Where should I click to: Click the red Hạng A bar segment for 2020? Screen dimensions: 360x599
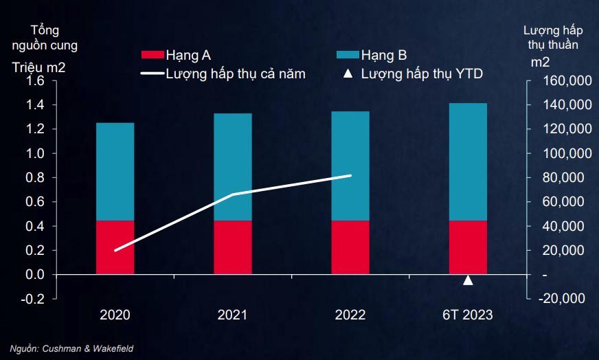pyautogui.click(x=115, y=247)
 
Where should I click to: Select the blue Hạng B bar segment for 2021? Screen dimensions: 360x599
pyautogui.click(x=233, y=167)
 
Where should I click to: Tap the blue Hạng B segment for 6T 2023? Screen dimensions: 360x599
pyautogui.click(x=468, y=161)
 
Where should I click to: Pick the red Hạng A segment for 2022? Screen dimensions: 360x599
pyautogui.click(x=350, y=247)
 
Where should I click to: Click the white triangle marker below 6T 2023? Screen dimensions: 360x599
pyautogui.click(x=468, y=280)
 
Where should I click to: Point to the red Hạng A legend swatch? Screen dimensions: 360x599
pyautogui.click(x=152, y=54)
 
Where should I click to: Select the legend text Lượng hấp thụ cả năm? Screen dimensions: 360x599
pyautogui.click(x=236, y=72)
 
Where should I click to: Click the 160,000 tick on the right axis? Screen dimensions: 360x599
pyautogui.click(x=561, y=81)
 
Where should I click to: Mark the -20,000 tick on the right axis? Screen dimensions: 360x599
pyautogui.click(x=563, y=299)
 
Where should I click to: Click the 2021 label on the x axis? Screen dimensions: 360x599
pyautogui.click(x=233, y=316)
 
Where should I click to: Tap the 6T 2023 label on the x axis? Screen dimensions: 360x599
pyautogui.click(x=468, y=316)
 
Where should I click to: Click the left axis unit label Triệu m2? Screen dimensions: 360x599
pyautogui.click(x=38, y=67)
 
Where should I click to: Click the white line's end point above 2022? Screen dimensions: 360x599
pyautogui.click(x=350, y=176)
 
